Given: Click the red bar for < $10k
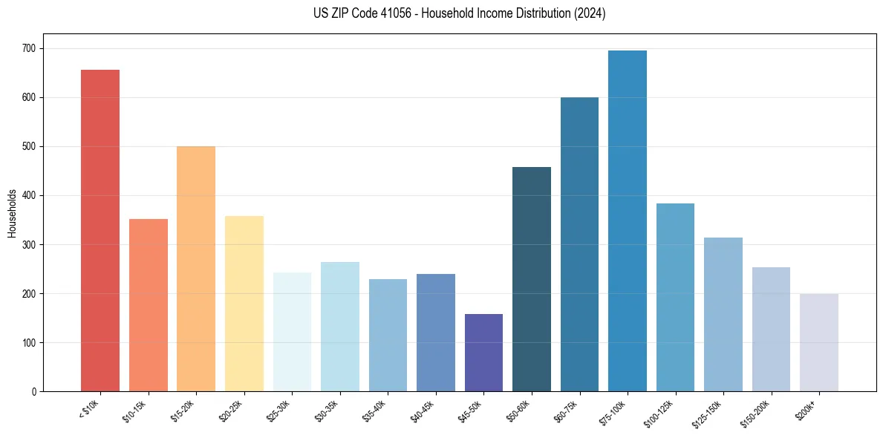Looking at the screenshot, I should pos(100,230).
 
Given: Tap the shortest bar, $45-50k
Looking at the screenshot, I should pos(483,353).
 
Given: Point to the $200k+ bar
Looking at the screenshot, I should pos(819,342).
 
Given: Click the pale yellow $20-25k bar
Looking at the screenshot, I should pos(244,304).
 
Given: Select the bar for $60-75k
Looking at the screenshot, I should pos(579,244).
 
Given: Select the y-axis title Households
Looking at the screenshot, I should pos(12,212).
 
